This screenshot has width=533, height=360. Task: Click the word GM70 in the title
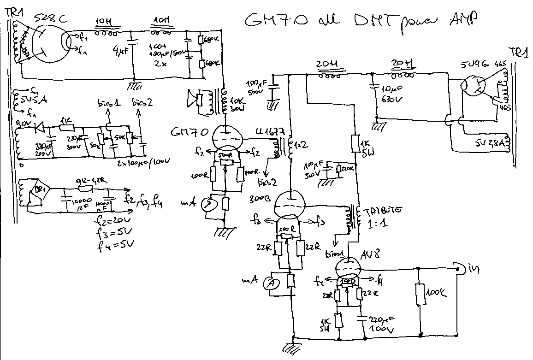pos(272,21)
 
